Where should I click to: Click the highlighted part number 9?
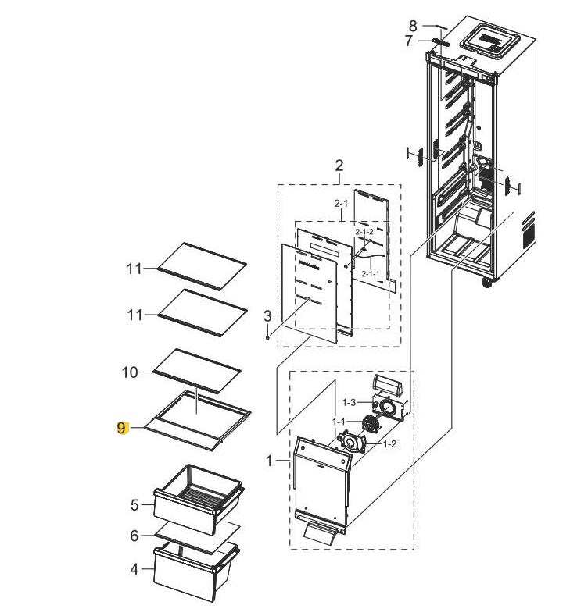tap(121, 428)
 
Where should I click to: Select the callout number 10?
tap(130, 372)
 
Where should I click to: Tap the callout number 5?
tap(134, 505)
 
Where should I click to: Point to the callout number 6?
tap(134, 536)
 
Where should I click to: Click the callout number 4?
tap(134, 569)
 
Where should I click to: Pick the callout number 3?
tap(267, 316)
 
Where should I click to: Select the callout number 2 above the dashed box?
tap(339, 166)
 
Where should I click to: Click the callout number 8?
tap(413, 27)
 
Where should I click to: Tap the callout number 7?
tap(409, 41)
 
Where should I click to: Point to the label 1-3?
tap(349, 402)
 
